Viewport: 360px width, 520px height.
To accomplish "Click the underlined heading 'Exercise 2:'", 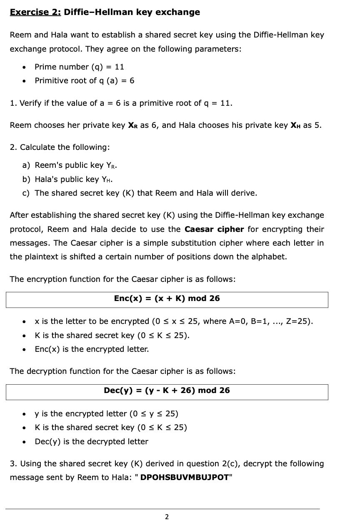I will [x=35, y=12].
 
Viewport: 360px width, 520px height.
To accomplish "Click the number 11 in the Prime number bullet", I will [x=120, y=67].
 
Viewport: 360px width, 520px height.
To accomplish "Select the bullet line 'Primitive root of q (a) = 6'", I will [x=84, y=80].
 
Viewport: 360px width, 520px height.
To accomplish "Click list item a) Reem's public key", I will [x=70, y=165].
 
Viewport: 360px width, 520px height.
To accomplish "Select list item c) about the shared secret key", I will [x=140, y=193].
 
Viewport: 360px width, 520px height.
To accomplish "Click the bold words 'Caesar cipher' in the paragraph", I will [x=214, y=229].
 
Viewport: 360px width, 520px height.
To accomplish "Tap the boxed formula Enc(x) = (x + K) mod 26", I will [x=167, y=299].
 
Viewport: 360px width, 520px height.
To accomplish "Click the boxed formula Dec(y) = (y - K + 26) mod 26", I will [x=167, y=391].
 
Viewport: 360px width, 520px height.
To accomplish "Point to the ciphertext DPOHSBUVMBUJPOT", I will [x=185, y=478].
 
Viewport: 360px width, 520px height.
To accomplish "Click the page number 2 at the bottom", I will [x=167, y=517].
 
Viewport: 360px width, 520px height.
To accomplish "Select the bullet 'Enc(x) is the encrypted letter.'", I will [x=92, y=349].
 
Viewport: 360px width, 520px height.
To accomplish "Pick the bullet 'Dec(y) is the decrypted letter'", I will [x=91, y=441].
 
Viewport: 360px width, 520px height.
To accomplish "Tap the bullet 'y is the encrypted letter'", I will [x=106, y=414].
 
